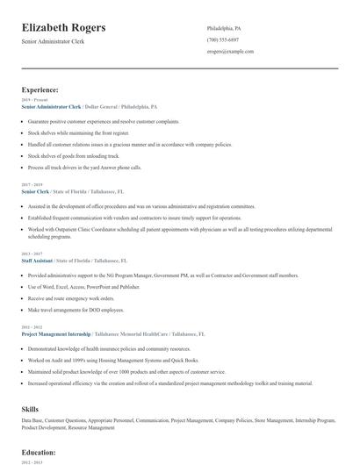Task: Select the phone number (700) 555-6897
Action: (222, 39)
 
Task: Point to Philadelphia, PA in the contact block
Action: (223, 28)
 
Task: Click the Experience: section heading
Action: (40, 90)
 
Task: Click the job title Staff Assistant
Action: (39, 261)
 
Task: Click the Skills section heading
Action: (32, 409)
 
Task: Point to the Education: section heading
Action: (39, 454)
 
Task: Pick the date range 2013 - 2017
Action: (31, 255)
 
